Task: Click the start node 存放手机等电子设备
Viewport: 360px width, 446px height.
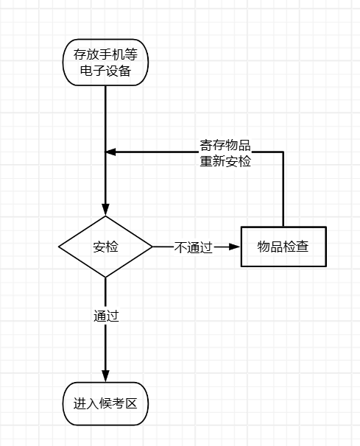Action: (105, 62)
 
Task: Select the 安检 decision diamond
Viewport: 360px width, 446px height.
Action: (105, 247)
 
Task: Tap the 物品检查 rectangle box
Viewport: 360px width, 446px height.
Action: (283, 247)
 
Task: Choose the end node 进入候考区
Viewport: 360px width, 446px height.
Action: (105, 403)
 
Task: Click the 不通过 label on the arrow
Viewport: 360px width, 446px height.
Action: (193, 247)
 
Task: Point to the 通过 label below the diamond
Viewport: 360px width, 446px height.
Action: (106, 316)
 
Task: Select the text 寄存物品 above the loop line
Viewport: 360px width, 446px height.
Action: (225, 144)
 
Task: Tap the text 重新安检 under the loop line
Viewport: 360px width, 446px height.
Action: (225, 161)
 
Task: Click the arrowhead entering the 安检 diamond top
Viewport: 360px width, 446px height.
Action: (105, 210)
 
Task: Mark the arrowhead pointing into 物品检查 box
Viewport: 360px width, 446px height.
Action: (235, 247)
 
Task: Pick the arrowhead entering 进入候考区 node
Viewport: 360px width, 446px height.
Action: (105, 376)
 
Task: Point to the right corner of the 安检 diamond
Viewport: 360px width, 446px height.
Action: (152, 247)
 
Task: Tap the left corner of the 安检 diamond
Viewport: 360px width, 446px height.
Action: (60, 247)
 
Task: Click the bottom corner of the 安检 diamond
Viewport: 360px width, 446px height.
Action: (105, 277)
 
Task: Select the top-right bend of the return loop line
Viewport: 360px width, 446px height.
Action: (283, 152)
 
